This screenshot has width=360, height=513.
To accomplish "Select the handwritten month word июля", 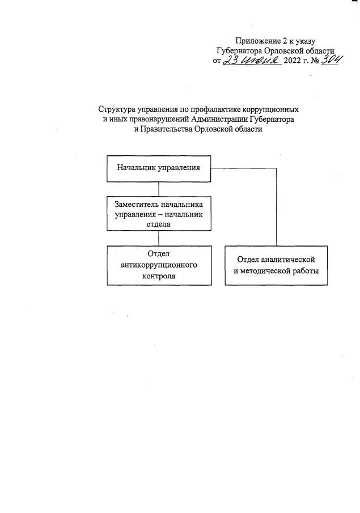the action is [260, 61].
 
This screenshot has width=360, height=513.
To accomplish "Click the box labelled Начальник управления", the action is [159, 168].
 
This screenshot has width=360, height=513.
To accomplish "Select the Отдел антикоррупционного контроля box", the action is [159, 265].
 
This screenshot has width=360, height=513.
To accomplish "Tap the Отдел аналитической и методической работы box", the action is [277, 265].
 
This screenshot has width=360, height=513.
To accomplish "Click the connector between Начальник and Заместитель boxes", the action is [159, 189].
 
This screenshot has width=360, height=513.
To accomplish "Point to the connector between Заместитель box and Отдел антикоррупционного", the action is [159, 238].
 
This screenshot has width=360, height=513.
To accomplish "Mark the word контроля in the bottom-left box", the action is [159, 276].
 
